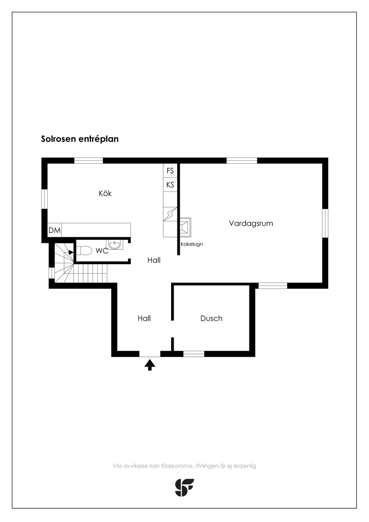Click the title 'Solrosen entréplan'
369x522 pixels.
click(80, 139)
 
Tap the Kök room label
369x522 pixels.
click(105, 194)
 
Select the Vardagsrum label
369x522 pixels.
click(251, 223)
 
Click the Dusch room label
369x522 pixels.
click(211, 318)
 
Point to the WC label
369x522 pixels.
click(102, 251)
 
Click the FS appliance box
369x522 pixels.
click(170, 171)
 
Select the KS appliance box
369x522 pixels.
click(170, 185)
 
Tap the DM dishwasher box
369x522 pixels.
click(54, 230)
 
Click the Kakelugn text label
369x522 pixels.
click(191, 244)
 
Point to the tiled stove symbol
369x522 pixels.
click(185, 225)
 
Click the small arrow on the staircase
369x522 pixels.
click(71, 252)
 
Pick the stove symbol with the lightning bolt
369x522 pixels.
click(170, 214)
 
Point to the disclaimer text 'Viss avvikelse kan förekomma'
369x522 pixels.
click(153, 466)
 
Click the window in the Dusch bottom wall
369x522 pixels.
click(194, 354)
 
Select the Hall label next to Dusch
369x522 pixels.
click(144, 318)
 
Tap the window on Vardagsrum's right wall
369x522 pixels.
click(325, 223)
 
